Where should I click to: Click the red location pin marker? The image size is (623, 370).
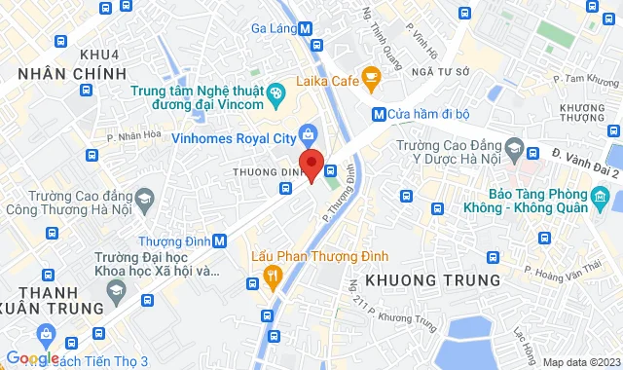311,165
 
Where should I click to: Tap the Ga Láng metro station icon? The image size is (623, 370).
307,29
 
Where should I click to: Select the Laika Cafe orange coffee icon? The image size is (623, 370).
369,76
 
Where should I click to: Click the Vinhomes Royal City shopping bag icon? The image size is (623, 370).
308,134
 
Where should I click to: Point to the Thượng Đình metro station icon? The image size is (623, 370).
220,240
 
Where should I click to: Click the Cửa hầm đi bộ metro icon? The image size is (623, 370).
378,114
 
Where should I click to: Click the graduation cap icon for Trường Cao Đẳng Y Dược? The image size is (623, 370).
532,150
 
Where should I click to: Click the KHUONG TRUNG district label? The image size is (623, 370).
432,280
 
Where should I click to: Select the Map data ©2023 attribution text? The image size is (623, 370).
580,362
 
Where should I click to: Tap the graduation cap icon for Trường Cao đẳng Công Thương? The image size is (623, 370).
145,201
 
